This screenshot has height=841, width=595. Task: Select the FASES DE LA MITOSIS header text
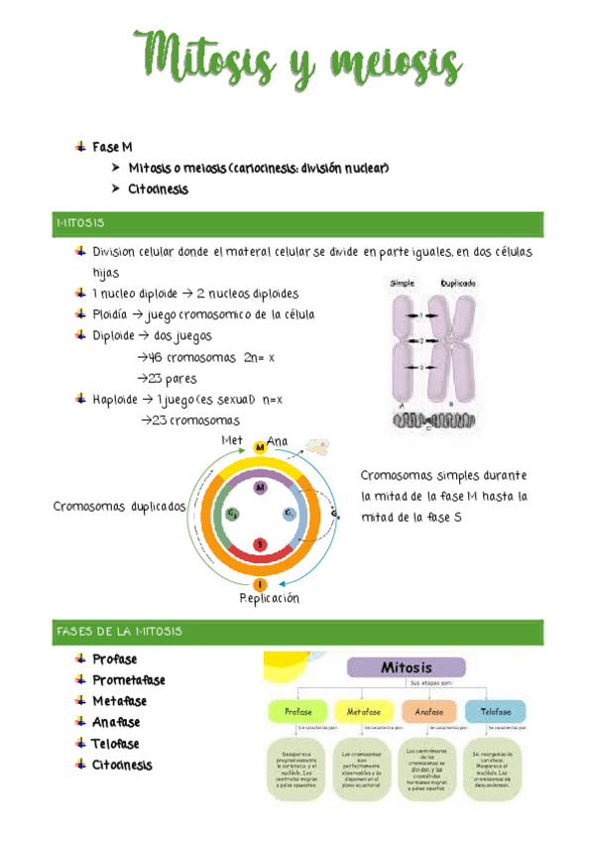[x=119, y=631]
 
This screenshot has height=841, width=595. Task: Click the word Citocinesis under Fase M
[x=158, y=188]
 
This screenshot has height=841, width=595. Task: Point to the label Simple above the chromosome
[x=403, y=283]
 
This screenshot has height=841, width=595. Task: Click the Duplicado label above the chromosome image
[x=457, y=283]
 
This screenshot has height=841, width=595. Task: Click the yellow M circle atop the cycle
[x=260, y=448]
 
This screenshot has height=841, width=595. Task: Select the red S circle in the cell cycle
[x=260, y=544]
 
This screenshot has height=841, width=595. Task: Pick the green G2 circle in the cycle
[x=231, y=514]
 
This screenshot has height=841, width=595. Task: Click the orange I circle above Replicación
[x=260, y=585]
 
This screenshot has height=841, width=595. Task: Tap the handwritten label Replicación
[x=269, y=599]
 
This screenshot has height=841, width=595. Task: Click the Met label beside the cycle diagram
[x=232, y=439]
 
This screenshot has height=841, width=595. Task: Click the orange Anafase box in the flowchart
[x=429, y=711]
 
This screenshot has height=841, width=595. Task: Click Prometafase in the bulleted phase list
[x=129, y=680]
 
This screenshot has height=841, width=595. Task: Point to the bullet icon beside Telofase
[x=80, y=743]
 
